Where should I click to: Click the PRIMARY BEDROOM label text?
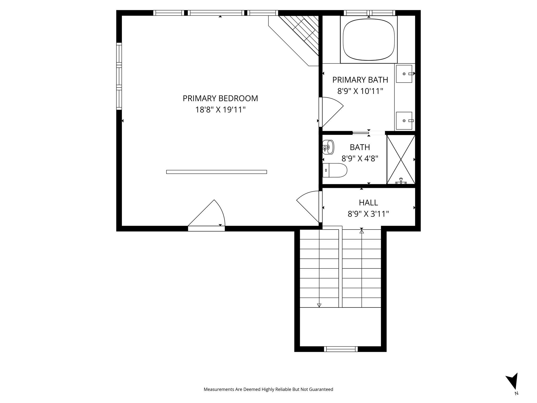pos(220,98)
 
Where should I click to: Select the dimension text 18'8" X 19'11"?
pos(220,110)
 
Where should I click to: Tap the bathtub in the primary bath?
pos(369,39)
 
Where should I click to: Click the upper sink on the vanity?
pos(404,74)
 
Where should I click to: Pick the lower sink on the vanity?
pos(404,121)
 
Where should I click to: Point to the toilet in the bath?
pos(335,170)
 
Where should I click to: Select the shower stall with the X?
pos(401,159)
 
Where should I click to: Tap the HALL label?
pos(368,203)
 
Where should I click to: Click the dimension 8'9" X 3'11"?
pos(368,214)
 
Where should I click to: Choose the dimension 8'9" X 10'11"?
pos(360,91)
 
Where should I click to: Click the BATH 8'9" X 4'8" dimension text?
pos(360,158)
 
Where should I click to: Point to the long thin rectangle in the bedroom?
pos(217,172)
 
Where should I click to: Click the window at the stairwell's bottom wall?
pos(341,349)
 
